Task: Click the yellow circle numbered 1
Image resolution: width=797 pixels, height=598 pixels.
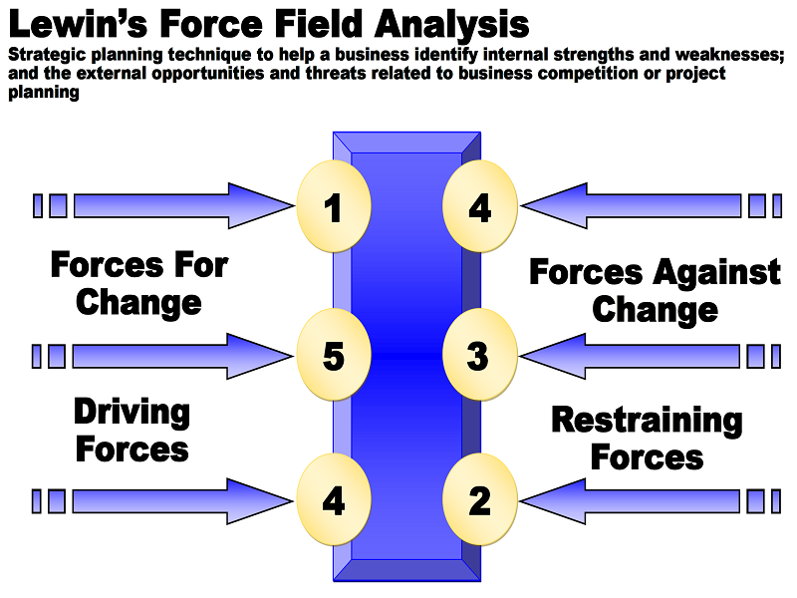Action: coord(334,207)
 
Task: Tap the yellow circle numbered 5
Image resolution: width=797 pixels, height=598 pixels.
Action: coord(334,356)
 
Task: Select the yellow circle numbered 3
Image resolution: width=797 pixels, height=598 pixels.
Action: coord(479,356)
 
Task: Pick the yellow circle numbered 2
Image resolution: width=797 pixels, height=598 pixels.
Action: coord(479,500)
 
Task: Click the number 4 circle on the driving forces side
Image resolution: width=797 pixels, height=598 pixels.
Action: coord(334,500)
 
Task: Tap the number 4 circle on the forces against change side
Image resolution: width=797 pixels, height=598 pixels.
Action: coord(479,207)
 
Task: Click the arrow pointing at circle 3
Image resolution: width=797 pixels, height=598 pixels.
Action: coord(638,356)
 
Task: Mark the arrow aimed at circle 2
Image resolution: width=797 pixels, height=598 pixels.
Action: coord(638,500)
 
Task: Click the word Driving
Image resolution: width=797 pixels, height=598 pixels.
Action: coord(132,413)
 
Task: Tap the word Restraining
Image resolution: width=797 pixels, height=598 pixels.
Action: coord(647,421)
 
